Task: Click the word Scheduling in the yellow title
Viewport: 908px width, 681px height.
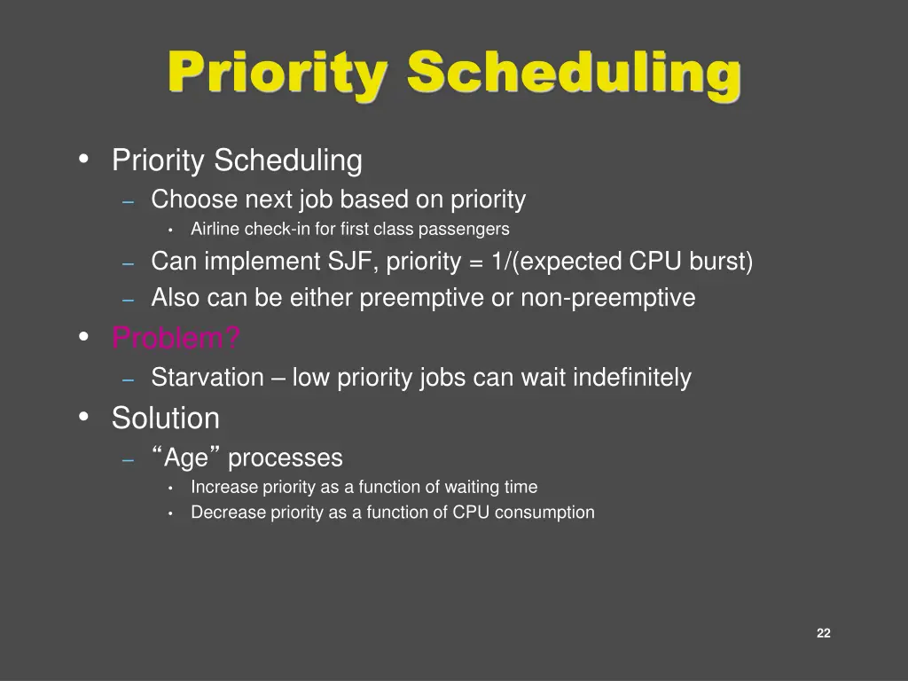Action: pyautogui.click(x=574, y=73)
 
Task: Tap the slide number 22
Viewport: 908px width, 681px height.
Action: pyautogui.click(x=823, y=632)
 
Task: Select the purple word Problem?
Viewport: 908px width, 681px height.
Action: pyautogui.click(x=176, y=338)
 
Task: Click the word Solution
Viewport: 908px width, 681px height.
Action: pyautogui.click(x=165, y=418)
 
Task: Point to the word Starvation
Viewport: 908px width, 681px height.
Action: pyautogui.click(x=207, y=378)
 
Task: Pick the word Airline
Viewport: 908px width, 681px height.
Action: pyautogui.click(x=215, y=229)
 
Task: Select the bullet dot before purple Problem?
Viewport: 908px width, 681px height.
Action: pyautogui.click(x=84, y=337)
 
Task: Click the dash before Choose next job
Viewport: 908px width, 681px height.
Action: pyautogui.click(x=129, y=201)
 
